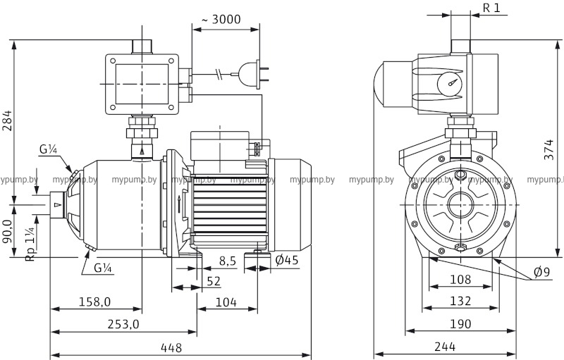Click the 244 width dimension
point(444,347)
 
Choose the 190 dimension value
point(460,325)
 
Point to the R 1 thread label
point(491,8)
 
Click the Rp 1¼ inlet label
point(30,244)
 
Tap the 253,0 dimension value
point(123,325)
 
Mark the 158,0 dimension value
point(94,302)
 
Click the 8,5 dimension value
point(227,261)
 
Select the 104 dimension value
point(226,302)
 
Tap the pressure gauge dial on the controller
point(450,84)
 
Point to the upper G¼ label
point(48,150)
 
